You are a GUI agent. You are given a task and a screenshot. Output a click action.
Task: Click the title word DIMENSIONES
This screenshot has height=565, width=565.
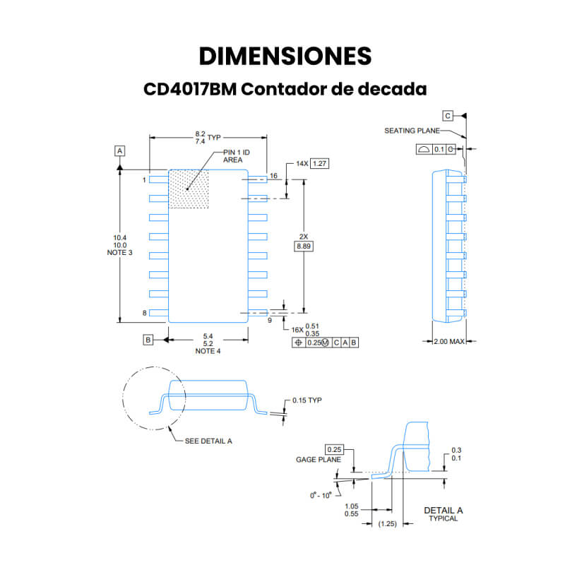click(285, 56)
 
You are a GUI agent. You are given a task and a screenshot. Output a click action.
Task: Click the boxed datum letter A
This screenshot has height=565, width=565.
click(119, 150)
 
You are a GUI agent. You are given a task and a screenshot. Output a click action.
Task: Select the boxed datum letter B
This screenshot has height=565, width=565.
click(148, 340)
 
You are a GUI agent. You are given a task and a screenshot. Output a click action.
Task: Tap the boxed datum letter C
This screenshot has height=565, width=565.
click(448, 116)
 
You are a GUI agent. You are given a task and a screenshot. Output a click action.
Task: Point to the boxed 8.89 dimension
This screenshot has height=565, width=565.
click(304, 246)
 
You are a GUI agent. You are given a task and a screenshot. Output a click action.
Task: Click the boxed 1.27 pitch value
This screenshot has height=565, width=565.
click(320, 164)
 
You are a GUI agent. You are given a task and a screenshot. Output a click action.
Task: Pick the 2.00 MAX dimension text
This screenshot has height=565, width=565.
click(449, 341)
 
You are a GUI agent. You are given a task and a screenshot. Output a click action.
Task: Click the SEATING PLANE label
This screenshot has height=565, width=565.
click(412, 131)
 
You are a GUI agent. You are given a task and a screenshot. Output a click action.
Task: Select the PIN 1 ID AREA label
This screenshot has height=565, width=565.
click(237, 156)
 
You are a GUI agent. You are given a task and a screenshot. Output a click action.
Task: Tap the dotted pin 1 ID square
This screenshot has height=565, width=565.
click(189, 189)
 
